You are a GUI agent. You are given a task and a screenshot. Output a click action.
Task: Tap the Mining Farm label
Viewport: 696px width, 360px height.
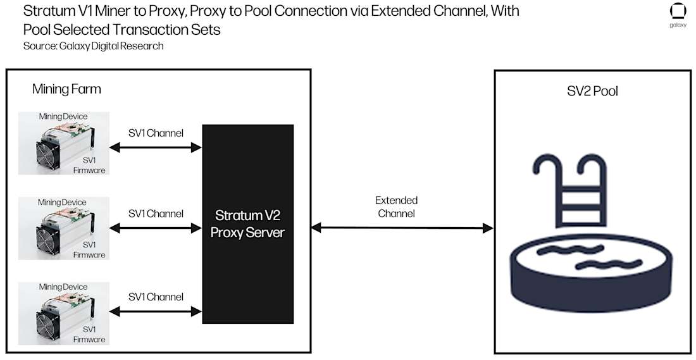66,89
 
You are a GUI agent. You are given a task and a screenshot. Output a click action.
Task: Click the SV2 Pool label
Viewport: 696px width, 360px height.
592,91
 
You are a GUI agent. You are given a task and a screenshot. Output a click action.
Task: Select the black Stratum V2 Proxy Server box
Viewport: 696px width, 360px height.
247,224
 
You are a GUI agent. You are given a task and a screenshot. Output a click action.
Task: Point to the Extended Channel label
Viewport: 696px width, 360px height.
396,207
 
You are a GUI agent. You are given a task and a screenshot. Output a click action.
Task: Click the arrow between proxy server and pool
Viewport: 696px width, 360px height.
402,227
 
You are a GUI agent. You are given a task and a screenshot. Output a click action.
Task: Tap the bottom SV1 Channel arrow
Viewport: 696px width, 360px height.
156,311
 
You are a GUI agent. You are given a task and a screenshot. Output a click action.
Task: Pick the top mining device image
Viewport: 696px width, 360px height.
63,144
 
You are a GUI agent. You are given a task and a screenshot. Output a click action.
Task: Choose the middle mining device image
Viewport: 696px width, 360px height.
63,228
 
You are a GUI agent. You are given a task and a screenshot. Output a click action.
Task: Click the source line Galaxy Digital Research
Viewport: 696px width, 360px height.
93,46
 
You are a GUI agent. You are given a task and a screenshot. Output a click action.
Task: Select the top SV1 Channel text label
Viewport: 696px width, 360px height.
156,133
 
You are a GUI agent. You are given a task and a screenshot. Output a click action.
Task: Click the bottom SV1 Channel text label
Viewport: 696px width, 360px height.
156,297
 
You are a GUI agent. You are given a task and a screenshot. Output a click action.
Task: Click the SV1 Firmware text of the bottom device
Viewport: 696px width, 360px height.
89,335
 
